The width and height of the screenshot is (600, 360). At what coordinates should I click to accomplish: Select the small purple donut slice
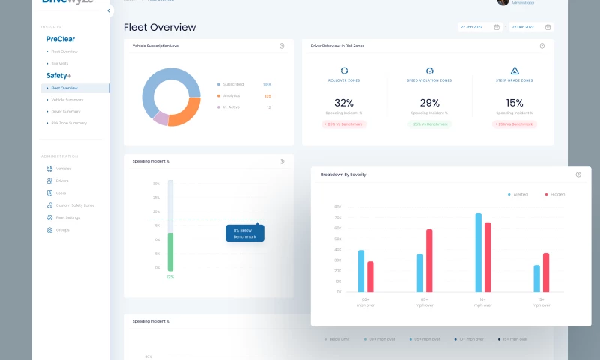[160, 118]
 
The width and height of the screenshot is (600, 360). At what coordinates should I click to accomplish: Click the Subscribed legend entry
[233, 84]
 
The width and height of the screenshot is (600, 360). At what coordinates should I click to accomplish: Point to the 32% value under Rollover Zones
[344, 103]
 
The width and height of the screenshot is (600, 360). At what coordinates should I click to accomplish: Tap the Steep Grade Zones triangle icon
[514, 70]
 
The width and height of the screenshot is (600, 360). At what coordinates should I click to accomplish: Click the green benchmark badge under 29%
[429, 124]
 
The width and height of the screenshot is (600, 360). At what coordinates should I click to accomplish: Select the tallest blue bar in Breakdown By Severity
[478, 252]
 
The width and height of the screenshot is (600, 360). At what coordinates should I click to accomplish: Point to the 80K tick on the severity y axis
[338, 207]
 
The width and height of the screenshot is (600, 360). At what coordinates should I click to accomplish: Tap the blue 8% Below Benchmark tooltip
[245, 233]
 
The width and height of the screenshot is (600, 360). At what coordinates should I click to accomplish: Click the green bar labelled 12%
[170, 251]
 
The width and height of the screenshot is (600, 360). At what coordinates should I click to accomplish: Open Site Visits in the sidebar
[60, 63]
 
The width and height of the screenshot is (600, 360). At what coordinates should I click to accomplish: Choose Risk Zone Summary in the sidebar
[69, 123]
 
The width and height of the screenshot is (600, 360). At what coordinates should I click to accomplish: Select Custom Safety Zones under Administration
[74, 205]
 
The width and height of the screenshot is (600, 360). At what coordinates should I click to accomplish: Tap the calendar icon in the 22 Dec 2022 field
[547, 27]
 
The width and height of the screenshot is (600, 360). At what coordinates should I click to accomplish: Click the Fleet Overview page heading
[160, 28]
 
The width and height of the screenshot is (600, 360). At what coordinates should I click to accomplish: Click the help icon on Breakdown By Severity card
[578, 175]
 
